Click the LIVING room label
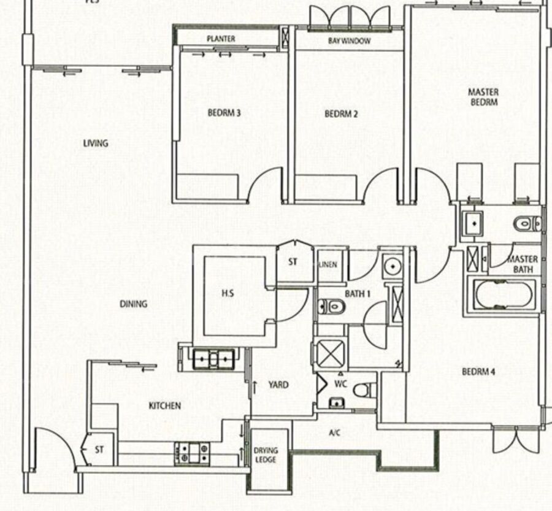click(96, 144)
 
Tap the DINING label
click(134, 304)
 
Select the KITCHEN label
click(165, 405)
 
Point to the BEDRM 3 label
click(224, 113)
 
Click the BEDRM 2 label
click(341, 114)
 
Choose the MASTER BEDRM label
click(483, 97)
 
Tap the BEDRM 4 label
click(478, 372)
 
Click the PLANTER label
click(221, 39)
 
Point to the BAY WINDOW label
click(349, 41)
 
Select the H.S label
click(228, 293)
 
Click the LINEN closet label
click(328, 265)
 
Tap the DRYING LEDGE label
click(266, 455)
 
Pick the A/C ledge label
click(334, 432)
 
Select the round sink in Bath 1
click(393, 266)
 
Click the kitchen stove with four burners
click(192, 453)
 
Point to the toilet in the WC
click(362, 390)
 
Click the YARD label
click(278, 385)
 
